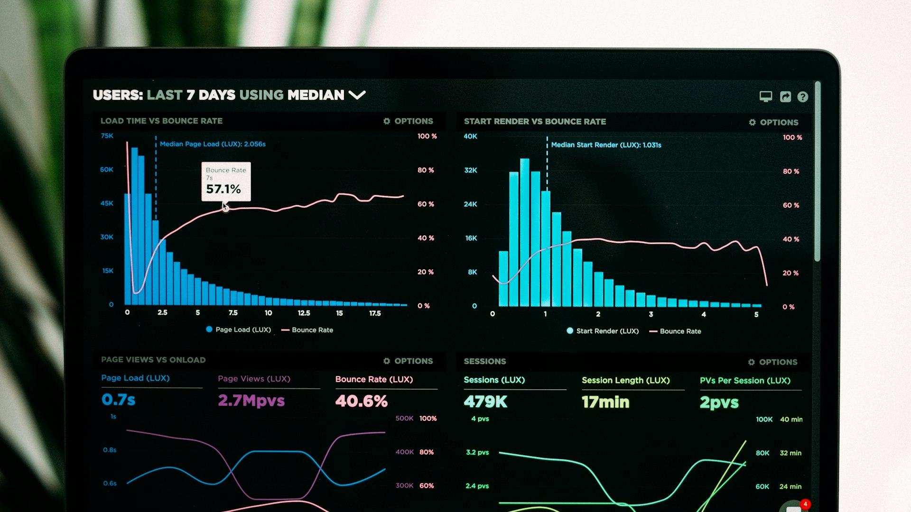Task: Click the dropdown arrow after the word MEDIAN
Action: pyautogui.click(x=357, y=95)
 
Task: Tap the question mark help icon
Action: pyautogui.click(x=802, y=97)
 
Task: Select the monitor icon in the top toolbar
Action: pyautogui.click(x=765, y=97)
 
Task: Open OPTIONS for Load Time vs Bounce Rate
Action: pyautogui.click(x=409, y=121)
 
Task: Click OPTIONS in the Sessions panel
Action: pyautogui.click(x=773, y=362)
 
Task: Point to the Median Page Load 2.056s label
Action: pyautogui.click(x=212, y=144)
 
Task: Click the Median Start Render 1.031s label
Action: pyautogui.click(x=605, y=145)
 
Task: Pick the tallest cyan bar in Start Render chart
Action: pyautogui.click(x=524, y=232)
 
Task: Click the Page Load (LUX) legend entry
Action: pyautogui.click(x=238, y=329)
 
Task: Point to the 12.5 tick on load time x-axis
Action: pyautogui.click(x=304, y=313)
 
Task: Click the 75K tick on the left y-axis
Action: pyautogui.click(x=107, y=136)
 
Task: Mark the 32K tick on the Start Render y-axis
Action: pyautogui.click(x=470, y=170)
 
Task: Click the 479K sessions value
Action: pyautogui.click(x=485, y=402)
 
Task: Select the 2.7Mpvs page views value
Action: pyautogui.click(x=251, y=401)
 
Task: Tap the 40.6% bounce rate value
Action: pyautogui.click(x=361, y=402)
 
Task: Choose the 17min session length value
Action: pyautogui.click(x=605, y=402)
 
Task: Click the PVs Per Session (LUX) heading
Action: pyautogui.click(x=744, y=381)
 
